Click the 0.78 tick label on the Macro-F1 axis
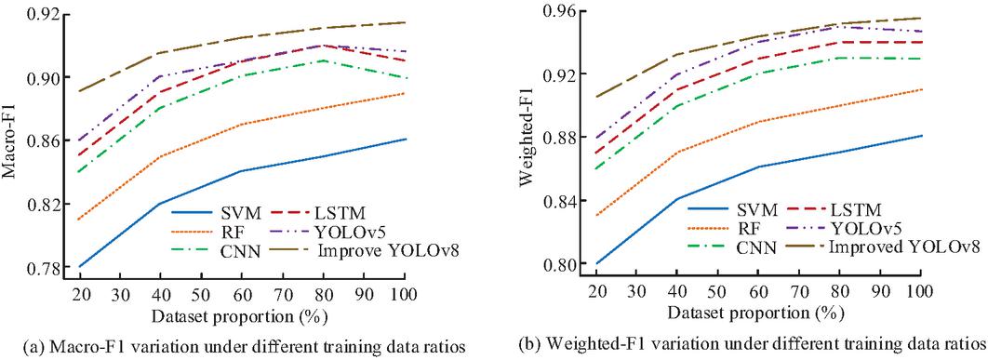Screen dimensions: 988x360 click(x=40, y=267)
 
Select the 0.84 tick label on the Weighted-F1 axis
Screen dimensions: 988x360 click(x=557, y=201)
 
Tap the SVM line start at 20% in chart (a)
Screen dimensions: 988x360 click(x=80, y=267)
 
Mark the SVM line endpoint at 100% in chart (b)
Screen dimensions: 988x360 click(x=922, y=136)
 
